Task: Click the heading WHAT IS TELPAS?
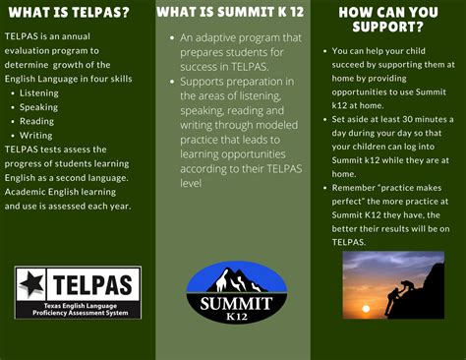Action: pos(69,13)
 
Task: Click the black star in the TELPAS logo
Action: pos(31,284)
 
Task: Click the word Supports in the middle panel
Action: pos(204,84)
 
